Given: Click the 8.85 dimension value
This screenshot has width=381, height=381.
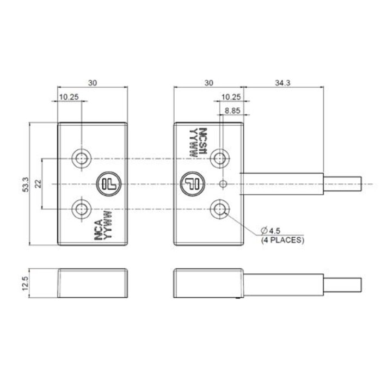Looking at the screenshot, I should (232, 110).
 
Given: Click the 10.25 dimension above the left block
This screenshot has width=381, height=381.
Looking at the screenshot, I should (68, 96).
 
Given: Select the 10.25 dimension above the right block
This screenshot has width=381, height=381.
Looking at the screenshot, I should (232, 96).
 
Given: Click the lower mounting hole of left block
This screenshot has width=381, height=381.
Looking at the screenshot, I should (82, 208).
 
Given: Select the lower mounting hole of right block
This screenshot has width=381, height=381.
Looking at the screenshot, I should (220, 208).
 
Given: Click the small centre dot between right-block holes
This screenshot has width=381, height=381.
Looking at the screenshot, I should (222, 184).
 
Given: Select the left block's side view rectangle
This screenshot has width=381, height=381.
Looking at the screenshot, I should (93, 282).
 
